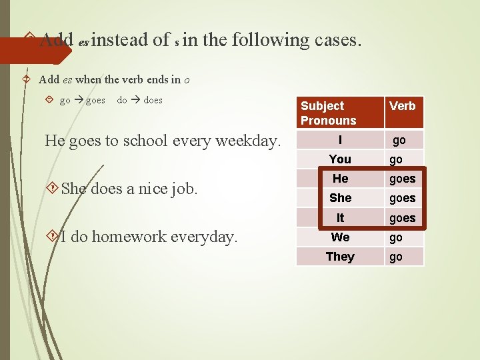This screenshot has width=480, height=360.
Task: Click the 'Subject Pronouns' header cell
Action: [x=329, y=113]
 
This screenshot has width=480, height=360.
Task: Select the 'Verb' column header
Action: [x=403, y=106]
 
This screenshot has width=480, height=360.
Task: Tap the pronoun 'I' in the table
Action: [x=340, y=140]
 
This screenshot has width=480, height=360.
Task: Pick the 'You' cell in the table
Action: [x=340, y=159]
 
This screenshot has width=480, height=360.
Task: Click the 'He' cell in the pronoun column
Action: [x=340, y=178]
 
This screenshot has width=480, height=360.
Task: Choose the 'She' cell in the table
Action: [x=340, y=198]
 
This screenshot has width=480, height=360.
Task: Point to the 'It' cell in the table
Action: [x=340, y=217]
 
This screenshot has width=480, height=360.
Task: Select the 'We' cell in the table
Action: [x=340, y=237]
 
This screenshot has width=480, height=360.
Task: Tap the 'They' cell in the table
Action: [x=340, y=257]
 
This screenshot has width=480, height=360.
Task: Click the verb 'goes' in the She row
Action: [x=403, y=198]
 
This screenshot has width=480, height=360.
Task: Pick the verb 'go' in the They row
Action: [x=396, y=257]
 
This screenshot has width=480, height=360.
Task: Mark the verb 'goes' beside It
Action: [x=403, y=218]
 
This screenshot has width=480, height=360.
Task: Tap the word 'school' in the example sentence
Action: [x=155, y=141]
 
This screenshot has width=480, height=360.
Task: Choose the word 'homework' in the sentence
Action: [x=137, y=237]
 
